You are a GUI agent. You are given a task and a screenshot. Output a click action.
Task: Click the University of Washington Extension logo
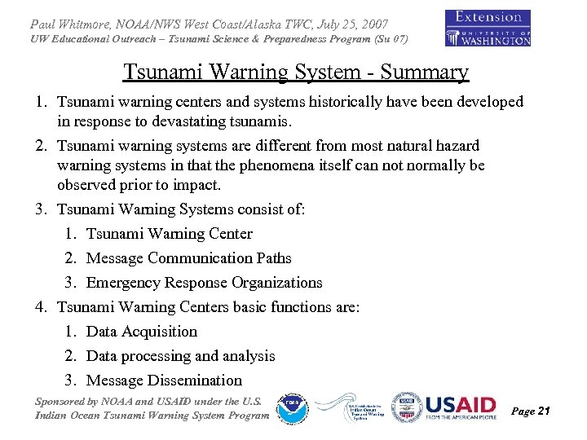(488, 28)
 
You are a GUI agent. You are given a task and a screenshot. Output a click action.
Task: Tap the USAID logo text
(461, 405)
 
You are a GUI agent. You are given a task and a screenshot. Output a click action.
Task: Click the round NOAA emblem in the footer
(291, 408)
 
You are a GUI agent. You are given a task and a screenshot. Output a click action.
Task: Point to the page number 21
(544, 411)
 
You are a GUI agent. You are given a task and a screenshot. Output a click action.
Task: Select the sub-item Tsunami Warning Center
(169, 234)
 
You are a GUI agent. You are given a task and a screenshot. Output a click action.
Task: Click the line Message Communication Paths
(188, 258)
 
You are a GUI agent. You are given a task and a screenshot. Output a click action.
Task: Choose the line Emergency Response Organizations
(204, 283)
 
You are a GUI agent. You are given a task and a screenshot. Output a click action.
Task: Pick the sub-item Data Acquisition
(141, 332)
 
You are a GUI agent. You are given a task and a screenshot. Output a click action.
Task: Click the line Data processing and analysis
(180, 356)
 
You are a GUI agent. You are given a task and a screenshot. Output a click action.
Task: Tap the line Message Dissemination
(164, 381)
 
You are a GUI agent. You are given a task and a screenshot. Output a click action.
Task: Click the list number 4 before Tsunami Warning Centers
(41, 307)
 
